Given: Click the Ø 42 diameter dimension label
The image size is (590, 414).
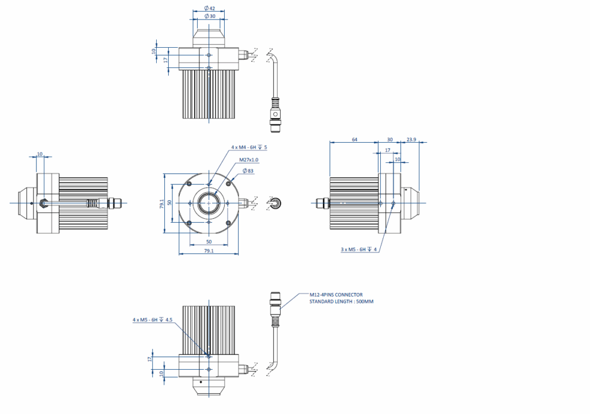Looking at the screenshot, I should pos(210,9).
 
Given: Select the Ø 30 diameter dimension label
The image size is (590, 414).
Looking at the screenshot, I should pos(210,17).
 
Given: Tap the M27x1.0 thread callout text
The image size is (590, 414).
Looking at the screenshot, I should pos(248,159).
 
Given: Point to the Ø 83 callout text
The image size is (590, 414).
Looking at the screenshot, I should pos(248,171).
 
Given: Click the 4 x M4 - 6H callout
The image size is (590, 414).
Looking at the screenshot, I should pos(249,148).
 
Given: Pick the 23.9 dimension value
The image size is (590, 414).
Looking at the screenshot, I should pos(411,139).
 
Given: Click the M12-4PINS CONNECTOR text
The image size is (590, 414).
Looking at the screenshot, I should pos(336,295).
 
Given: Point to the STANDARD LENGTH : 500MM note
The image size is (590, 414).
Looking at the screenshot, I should pos(341,302).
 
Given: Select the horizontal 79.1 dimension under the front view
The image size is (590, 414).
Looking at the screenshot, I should pos(209,251).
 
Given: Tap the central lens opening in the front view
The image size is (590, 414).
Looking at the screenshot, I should pos(209,203).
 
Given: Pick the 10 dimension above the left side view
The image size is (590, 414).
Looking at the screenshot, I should pos(40,154).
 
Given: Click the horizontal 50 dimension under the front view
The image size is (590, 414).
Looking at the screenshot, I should pos(209,241).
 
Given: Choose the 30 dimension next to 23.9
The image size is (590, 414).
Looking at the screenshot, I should pos(389,139).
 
